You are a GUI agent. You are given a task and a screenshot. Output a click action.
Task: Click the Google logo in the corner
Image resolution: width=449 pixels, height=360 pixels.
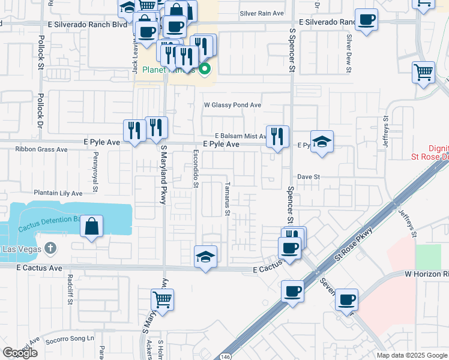(20, 353)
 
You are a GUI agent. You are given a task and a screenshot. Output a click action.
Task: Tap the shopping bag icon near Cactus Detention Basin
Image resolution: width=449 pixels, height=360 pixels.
(91, 227)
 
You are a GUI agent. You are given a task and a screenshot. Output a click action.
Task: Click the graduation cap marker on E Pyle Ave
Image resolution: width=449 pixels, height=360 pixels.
(322, 142)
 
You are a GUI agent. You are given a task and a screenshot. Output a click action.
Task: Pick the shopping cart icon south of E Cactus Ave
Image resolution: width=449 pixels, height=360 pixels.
(163, 299)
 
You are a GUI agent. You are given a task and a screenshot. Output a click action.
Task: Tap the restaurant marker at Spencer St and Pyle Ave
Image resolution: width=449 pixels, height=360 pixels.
(277, 137)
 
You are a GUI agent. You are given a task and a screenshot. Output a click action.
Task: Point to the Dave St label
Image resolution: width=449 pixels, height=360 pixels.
(309, 177)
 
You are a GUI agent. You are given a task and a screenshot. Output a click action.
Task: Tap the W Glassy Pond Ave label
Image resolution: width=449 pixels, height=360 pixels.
(232, 105)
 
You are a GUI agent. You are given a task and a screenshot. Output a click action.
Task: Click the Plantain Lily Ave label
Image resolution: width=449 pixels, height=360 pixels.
(58, 194)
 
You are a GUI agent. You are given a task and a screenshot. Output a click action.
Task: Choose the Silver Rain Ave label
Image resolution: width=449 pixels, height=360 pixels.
(261, 13)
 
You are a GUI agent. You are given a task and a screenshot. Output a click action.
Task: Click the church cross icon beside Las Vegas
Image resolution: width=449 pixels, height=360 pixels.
(50, 248)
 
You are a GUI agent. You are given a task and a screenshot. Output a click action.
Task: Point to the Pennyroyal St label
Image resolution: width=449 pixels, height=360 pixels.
(95, 172)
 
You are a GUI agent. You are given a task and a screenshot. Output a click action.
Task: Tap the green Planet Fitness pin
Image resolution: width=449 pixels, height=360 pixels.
(205, 69)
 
